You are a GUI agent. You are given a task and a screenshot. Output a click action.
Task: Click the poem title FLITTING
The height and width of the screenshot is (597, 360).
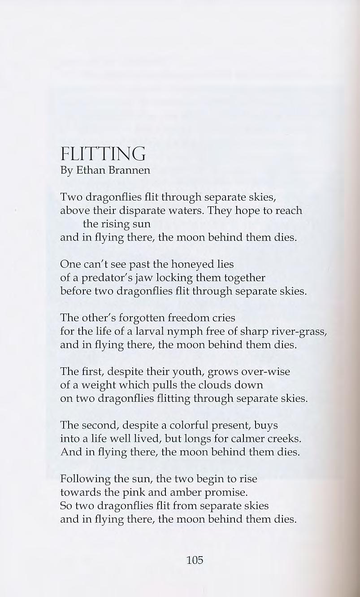[103, 154]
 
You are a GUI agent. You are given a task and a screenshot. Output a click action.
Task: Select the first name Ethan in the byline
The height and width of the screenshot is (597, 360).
[91, 171]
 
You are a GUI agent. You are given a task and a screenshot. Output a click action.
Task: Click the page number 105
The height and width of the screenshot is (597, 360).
[195, 560]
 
